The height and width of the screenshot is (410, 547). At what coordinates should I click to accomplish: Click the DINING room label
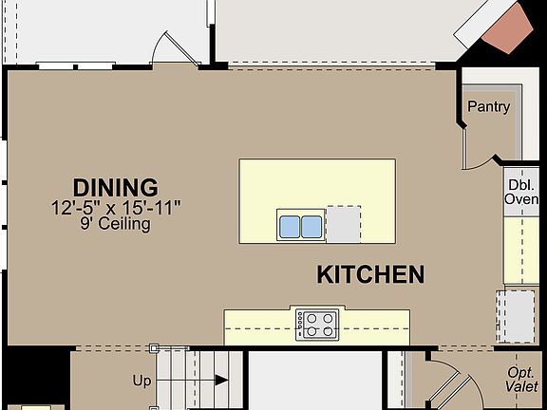click(115, 187)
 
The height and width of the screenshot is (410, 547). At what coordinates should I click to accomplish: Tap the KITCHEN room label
click(369, 275)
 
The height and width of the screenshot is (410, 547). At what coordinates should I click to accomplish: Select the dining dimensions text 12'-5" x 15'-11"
click(115, 207)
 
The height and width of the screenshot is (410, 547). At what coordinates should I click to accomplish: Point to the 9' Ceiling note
click(115, 225)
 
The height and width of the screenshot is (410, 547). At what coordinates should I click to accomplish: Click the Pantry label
click(488, 107)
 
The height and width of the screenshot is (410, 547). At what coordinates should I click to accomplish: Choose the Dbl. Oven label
click(521, 192)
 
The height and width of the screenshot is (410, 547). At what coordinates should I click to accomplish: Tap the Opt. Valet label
click(519, 380)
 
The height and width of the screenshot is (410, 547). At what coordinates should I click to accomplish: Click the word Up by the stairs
click(141, 381)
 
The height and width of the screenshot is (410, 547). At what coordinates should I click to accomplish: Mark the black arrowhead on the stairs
click(221, 381)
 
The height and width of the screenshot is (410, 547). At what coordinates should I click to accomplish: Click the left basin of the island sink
click(290, 226)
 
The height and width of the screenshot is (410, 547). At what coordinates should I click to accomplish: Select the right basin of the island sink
click(311, 226)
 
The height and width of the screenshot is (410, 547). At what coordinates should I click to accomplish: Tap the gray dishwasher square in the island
click(343, 225)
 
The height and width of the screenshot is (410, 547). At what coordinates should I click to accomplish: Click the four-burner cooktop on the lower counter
click(317, 325)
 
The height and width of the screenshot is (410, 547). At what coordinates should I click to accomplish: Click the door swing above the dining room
click(178, 47)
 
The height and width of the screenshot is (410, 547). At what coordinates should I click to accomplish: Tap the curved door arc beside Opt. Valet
click(450, 384)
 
